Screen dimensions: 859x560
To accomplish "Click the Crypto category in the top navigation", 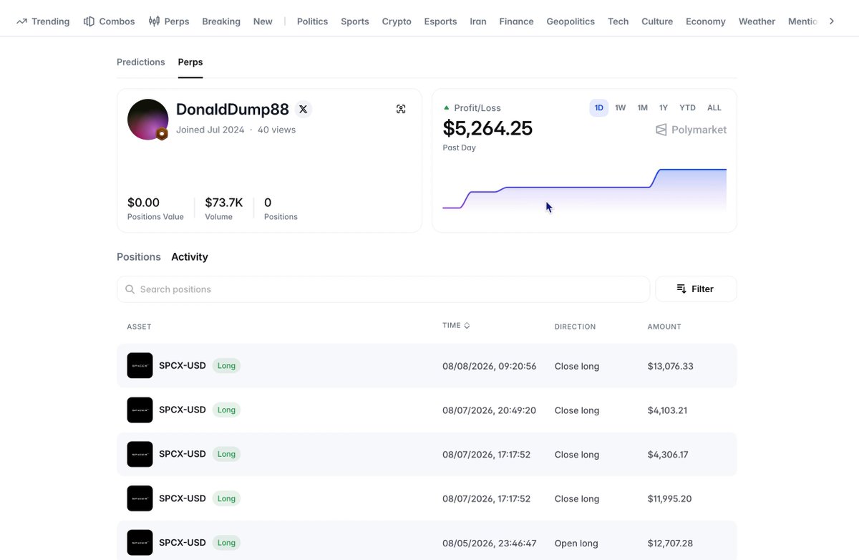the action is [397, 21].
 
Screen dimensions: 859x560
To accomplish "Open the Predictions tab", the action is [141, 62].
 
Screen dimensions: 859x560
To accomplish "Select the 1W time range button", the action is [620, 108].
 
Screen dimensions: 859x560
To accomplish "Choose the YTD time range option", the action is [687, 108].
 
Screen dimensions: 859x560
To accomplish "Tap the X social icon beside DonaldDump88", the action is [303, 110].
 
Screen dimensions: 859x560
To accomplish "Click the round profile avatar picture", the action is [147, 120].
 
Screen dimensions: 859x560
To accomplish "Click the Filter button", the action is [696, 289].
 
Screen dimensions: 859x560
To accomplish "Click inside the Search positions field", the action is [383, 289].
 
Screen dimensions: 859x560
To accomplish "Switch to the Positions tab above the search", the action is [139, 256].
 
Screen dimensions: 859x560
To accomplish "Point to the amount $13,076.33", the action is [670, 367].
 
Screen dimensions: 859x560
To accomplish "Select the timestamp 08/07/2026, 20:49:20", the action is [489, 410].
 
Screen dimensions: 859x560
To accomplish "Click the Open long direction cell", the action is [576, 543].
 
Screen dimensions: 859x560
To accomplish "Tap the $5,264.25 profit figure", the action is [487, 128].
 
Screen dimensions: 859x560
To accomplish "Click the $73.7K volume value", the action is [224, 203].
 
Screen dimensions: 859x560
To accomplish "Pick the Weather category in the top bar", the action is [757, 21].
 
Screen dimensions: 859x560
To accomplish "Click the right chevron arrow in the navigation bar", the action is [831, 21].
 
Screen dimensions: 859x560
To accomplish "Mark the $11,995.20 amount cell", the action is [669, 498].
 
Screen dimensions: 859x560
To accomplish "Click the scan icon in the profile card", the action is [401, 109].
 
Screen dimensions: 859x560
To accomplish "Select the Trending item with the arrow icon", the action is [43, 21].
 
